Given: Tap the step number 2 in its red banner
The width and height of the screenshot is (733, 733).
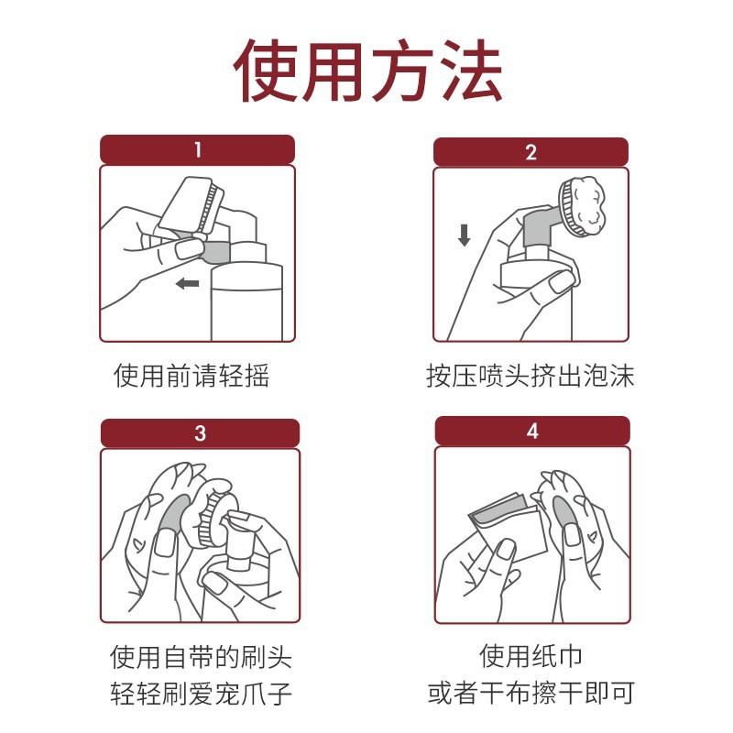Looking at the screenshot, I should [531, 152].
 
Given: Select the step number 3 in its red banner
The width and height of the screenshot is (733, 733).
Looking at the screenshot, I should [200, 433].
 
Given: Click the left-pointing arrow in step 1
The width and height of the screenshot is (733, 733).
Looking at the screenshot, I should [188, 284].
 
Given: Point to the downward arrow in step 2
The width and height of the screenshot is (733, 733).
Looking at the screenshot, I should [464, 235].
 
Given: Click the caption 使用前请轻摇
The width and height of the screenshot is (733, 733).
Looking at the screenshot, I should [191, 376].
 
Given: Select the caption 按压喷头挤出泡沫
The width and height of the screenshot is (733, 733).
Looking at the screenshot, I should [531, 376].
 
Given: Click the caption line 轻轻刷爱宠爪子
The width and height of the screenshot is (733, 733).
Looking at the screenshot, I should [201, 692].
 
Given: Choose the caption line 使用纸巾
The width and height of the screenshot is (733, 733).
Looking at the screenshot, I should [531, 656].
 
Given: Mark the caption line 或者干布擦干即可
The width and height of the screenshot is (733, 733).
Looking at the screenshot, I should [531, 692].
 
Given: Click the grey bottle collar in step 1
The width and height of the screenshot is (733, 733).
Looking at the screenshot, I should [216, 248].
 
